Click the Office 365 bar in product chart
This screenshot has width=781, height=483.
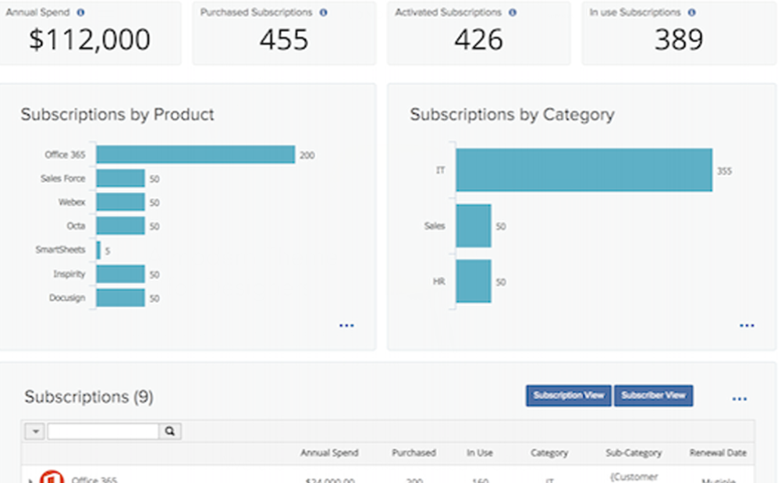pos(195,154)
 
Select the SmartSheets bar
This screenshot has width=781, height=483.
pos(98,250)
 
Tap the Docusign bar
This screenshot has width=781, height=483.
pos(121,298)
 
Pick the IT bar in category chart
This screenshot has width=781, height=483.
pos(584,170)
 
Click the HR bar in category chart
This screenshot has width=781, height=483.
pos(474,281)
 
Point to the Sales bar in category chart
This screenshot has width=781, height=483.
pos(474,226)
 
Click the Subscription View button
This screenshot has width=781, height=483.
pos(569,396)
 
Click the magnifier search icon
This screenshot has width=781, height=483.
pos(170,431)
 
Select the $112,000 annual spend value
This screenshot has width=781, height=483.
pos(90,40)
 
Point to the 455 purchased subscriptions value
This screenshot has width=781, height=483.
pos(284,40)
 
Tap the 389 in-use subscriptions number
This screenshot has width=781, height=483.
pos(679,40)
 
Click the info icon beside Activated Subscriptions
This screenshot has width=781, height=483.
pos(513,12)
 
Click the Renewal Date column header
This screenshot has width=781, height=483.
pos(718,453)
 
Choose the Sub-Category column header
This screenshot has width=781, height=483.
pos(634,453)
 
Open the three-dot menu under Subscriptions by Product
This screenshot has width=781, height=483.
pos(346,325)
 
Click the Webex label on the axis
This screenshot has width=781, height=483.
pos(71,202)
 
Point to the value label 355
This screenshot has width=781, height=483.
pos(724,171)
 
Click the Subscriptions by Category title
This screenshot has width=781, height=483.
pos(512,115)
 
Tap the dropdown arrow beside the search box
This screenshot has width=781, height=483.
pos(35,432)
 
